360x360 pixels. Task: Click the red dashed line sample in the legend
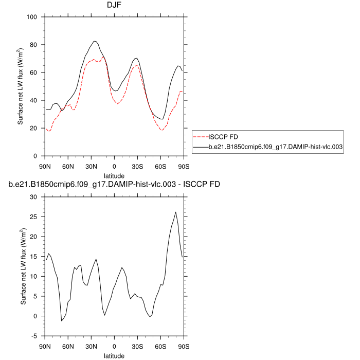[200, 137]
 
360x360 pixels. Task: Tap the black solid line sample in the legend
[200, 147]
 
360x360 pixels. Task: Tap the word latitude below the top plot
[114, 175]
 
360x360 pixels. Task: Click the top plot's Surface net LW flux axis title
[21, 86]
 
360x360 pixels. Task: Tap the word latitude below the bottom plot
[114, 355]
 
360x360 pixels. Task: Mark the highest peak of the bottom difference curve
[176, 212]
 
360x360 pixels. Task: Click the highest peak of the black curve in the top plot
[95, 41]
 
